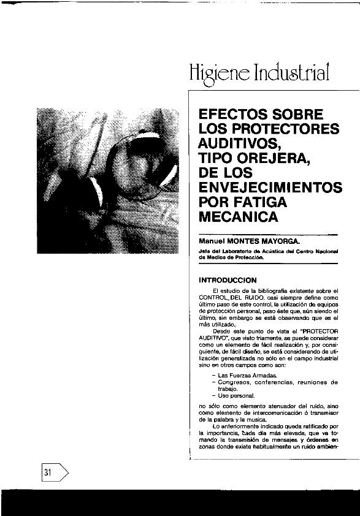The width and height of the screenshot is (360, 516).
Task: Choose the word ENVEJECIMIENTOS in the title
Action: (x=270, y=187)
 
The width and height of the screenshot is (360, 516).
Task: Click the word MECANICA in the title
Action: (x=239, y=216)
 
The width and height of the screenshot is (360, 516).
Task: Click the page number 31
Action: (x=48, y=472)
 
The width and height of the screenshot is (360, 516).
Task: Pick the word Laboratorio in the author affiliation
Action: (x=238, y=251)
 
